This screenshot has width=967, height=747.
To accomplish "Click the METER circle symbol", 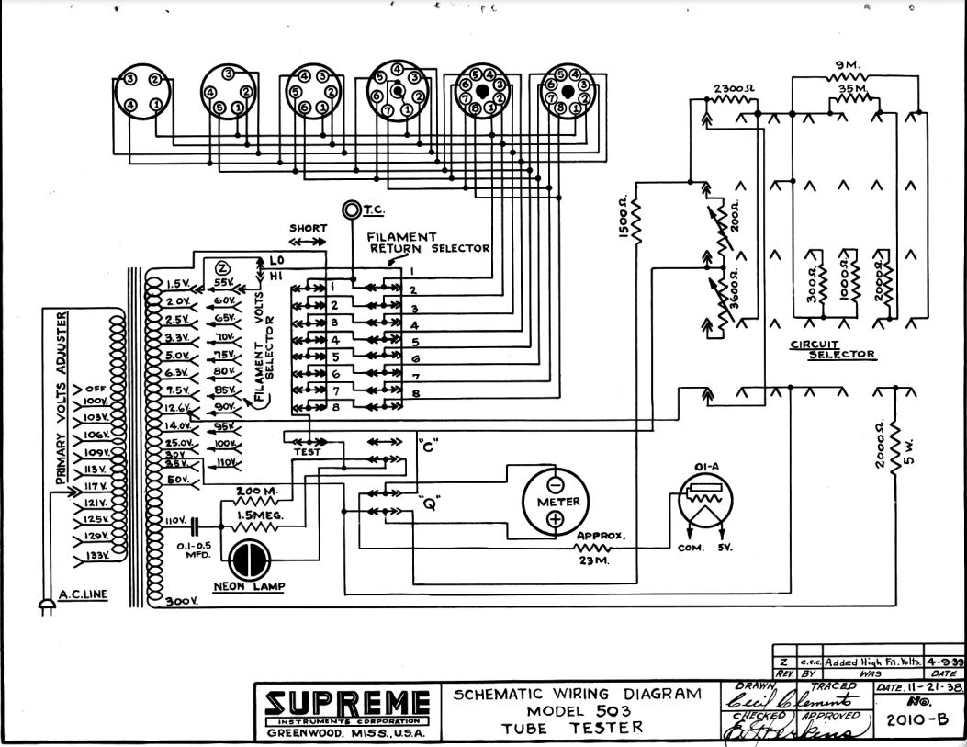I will pyautogui.click(x=556, y=502).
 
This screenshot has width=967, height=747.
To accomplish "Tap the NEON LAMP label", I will pyautogui.click(x=247, y=585).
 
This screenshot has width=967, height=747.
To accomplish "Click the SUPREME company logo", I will pyautogui.click(x=347, y=705).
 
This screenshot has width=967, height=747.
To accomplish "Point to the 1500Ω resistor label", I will pyautogui.click(x=624, y=221).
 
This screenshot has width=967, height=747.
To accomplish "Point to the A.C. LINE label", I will pyautogui.click(x=83, y=594).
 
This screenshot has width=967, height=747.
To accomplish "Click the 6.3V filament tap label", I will pyautogui.click(x=177, y=372).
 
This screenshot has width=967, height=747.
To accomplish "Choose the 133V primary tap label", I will pyautogui.click(x=97, y=556).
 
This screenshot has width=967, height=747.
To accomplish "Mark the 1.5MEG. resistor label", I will pyautogui.click(x=260, y=516).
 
